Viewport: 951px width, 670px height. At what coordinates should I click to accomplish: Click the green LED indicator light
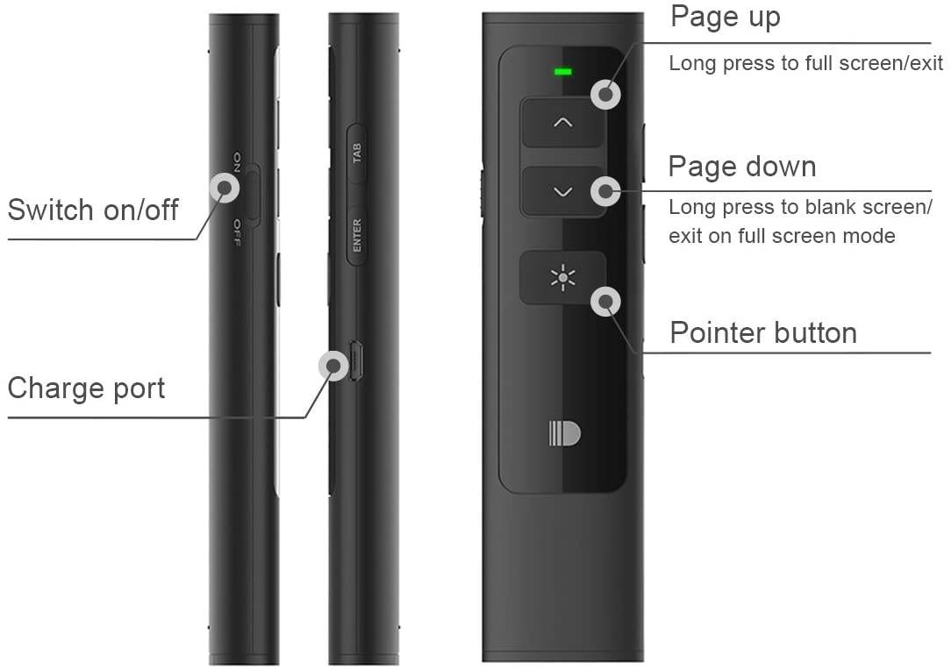click(x=563, y=71)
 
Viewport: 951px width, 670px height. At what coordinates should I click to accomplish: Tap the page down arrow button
click(x=563, y=191)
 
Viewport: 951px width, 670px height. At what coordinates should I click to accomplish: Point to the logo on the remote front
click(x=565, y=434)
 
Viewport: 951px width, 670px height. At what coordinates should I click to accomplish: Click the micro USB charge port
click(x=355, y=360)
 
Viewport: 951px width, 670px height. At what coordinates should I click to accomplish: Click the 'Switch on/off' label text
click(x=93, y=210)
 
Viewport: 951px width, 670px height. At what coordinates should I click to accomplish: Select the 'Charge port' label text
click(x=86, y=388)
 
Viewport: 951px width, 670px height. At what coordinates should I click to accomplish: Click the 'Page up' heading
click(x=725, y=17)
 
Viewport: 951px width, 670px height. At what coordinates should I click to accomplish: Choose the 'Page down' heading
click(x=742, y=167)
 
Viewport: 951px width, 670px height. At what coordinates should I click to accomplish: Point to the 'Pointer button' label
click(x=763, y=333)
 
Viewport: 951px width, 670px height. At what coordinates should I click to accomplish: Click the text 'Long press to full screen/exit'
click(x=805, y=63)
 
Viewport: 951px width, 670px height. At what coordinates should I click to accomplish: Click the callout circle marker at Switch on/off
click(x=225, y=187)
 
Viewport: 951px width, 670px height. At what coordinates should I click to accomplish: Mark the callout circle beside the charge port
click(x=333, y=365)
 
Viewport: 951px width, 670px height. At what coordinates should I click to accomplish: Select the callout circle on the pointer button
click(x=605, y=303)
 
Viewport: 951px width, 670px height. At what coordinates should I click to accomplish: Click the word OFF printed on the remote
click(x=237, y=233)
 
